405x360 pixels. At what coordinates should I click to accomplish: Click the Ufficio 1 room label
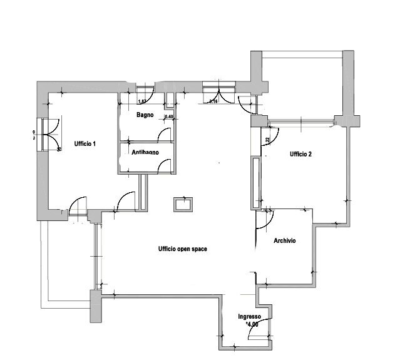pyautogui.click(x=85, y=143)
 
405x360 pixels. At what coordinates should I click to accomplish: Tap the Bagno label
pyautogui.click(x=146, y=115)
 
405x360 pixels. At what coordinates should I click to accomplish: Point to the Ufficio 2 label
pyautogui.click(x=300, y=154)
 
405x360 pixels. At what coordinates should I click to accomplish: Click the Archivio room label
pyautogui.click(x=285, y=240)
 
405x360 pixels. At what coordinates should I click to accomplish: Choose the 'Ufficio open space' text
pyautogui.click(x=183, y=249)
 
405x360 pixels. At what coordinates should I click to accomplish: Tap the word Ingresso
pyautogui.click(x=249, y=317)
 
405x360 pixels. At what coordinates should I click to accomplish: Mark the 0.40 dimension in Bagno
pyautogui.click(x=169, y=117)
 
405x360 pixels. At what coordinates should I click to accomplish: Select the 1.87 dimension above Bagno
pyautogui.click(x=142, y=101)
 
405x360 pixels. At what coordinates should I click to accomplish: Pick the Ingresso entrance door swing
pyautogui.click(x=258, y=329)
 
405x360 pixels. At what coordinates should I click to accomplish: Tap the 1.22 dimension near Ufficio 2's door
pyautogui.click(x=267, y=140)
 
